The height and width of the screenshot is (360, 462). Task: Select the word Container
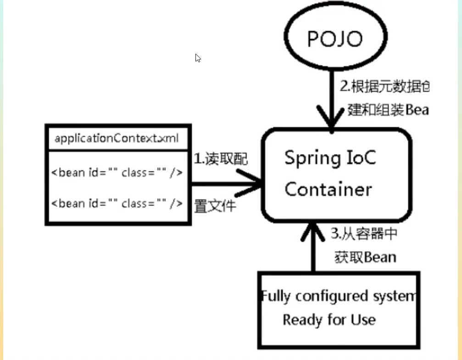[x=328, y=189]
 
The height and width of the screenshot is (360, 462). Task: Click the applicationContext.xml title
[x=117, y=138]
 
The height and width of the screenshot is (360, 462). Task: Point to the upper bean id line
[x=117, y=173]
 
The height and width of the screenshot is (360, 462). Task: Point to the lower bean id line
[x=117, y=203]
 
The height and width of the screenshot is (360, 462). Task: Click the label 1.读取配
[x=220, y=159]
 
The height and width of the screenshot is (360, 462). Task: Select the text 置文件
[x=215, y=206]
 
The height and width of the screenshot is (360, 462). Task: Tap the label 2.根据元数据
[x=384, y=86]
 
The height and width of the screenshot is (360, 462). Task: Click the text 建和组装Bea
[x=388, y=110]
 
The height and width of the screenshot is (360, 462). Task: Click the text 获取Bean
[x=365, y=257]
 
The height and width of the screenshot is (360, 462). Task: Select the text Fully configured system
[x=339, y=296]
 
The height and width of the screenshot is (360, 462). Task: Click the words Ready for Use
[x=329, y=320]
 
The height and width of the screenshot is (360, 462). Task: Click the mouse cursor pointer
[x=198, y=58]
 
